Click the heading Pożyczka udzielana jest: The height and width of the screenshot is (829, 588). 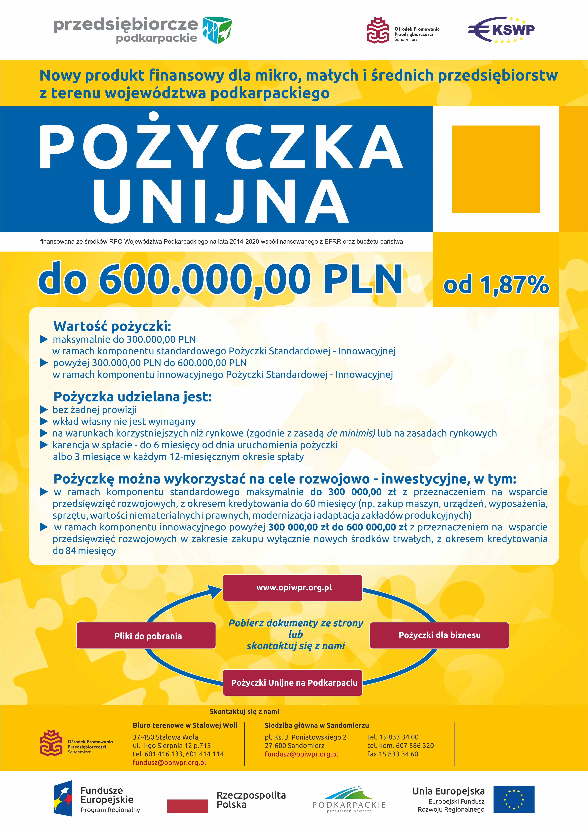(132, 397)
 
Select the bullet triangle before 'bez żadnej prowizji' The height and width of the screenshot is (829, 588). (44, 410)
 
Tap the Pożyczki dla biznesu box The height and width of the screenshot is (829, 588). (439, 635)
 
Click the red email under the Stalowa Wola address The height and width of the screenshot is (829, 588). (169, 762)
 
